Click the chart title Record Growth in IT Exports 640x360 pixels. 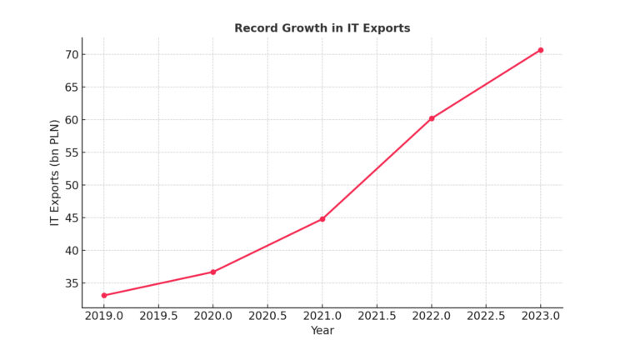click(322, 28)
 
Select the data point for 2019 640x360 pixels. click(104, 295)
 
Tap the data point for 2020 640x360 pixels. click(212, 272)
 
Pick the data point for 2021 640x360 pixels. click(322, 219)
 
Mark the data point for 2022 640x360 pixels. click(432, 118)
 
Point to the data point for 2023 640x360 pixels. click(540, 50)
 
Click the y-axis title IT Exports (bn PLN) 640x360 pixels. click(55, 172)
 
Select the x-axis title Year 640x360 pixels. click(322, 331)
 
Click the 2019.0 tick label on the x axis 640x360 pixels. click(104, 317)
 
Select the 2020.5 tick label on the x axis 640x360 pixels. click(267, 317)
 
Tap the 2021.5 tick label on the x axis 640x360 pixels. click(377, 317)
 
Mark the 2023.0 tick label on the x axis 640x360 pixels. click(540, 317)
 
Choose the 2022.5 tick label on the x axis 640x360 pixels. click(486, 317)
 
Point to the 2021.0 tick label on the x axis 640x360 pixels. click(322, 317)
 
